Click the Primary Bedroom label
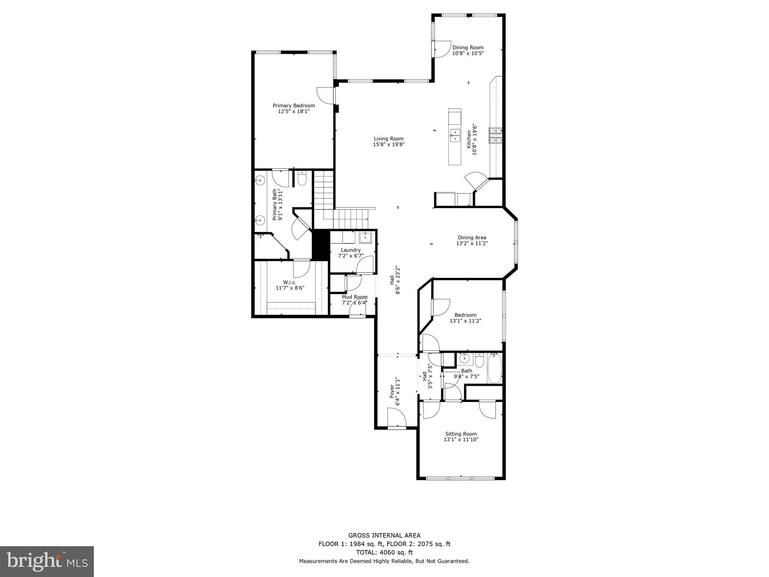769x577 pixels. point(294,106)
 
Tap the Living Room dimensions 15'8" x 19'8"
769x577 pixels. point(389,144)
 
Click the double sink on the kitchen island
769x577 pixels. point(455,135)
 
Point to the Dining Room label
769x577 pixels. point(467,47)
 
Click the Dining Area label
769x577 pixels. point(472,237)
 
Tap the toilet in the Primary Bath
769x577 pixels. point(302,179)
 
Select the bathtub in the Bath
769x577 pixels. point(494,368)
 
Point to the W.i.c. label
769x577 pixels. point(290,282)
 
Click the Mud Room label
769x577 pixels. point(354,297)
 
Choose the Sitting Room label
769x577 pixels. point(461,434)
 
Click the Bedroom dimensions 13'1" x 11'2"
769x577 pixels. point(465,321)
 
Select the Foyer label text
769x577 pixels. point(392,391)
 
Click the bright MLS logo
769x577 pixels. point(47,561)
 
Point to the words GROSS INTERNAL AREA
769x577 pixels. point(384,535)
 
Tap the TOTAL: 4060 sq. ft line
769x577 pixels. point(384,552)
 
